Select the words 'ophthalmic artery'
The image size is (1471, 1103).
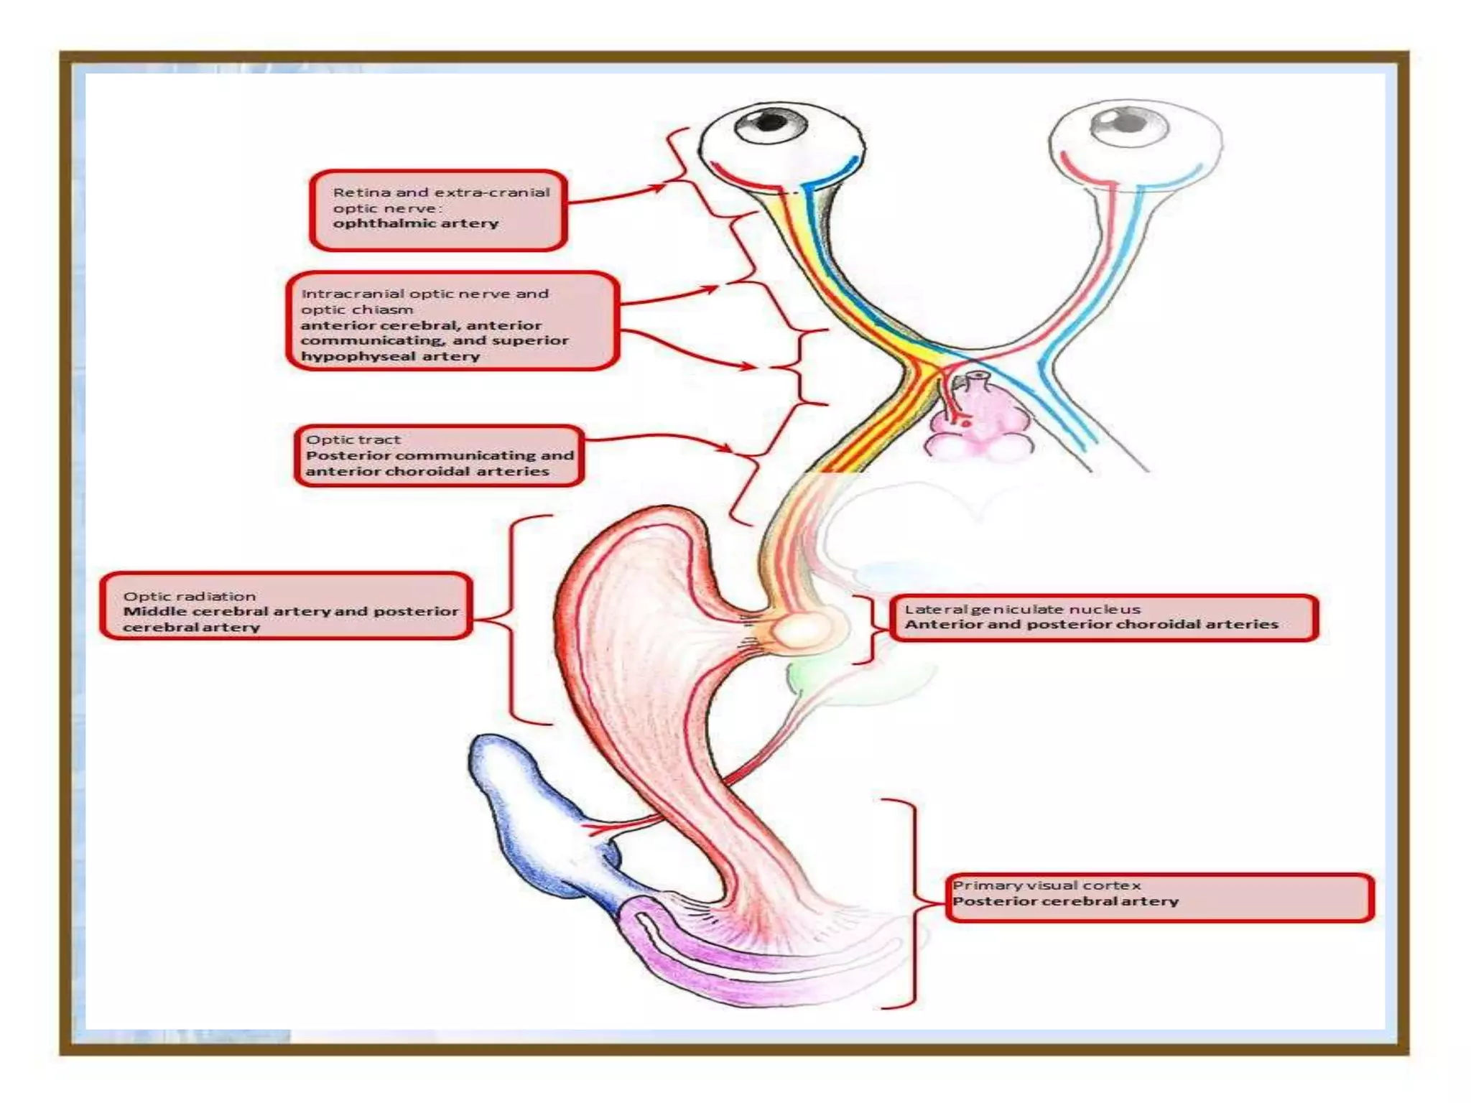[x=415, y=223]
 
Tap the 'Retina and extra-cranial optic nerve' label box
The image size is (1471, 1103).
[x=438, y=210]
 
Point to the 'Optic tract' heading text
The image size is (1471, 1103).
[x=353, y=439]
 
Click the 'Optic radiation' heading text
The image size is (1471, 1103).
[x=189, y=596]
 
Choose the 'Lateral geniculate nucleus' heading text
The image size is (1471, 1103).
[x=1021, y=609]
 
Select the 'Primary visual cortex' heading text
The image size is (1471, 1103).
[x=1046, y=885]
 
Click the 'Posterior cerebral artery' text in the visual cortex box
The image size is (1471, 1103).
[x=1065, y=901]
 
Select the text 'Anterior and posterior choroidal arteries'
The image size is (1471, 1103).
[x=1090, y=625]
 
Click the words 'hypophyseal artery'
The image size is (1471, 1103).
[x=389, y=356]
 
